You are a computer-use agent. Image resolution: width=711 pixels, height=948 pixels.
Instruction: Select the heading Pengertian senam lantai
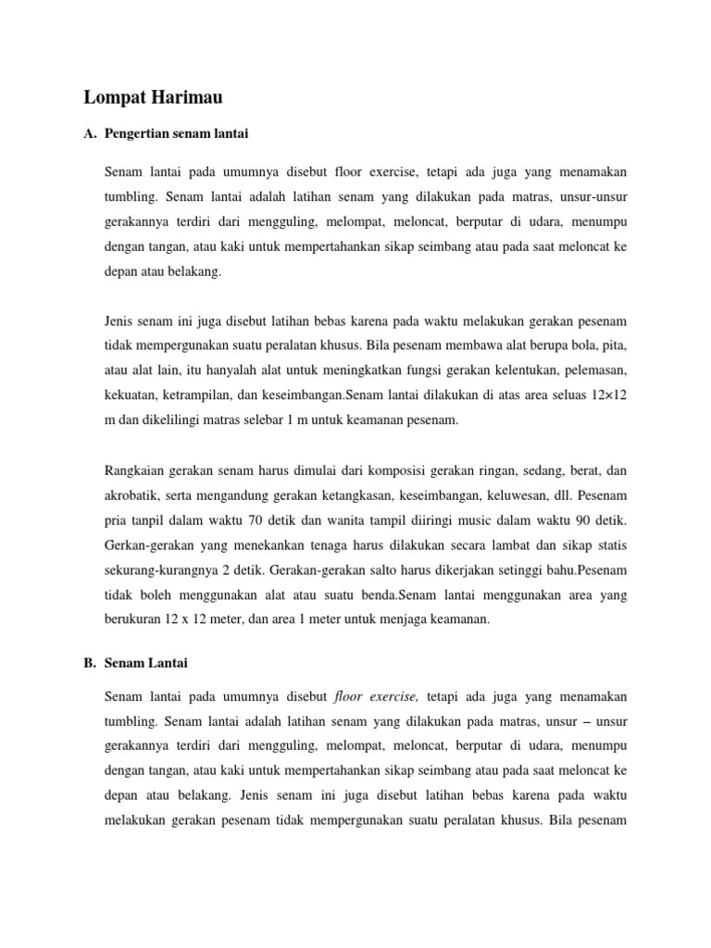tap(177, 134)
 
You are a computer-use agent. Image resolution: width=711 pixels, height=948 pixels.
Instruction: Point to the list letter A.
tap(89, 134)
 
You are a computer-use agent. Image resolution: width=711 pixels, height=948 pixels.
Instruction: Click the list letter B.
tap(89, 663)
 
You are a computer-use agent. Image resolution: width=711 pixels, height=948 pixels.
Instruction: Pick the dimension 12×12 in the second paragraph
tap(607, 395)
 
